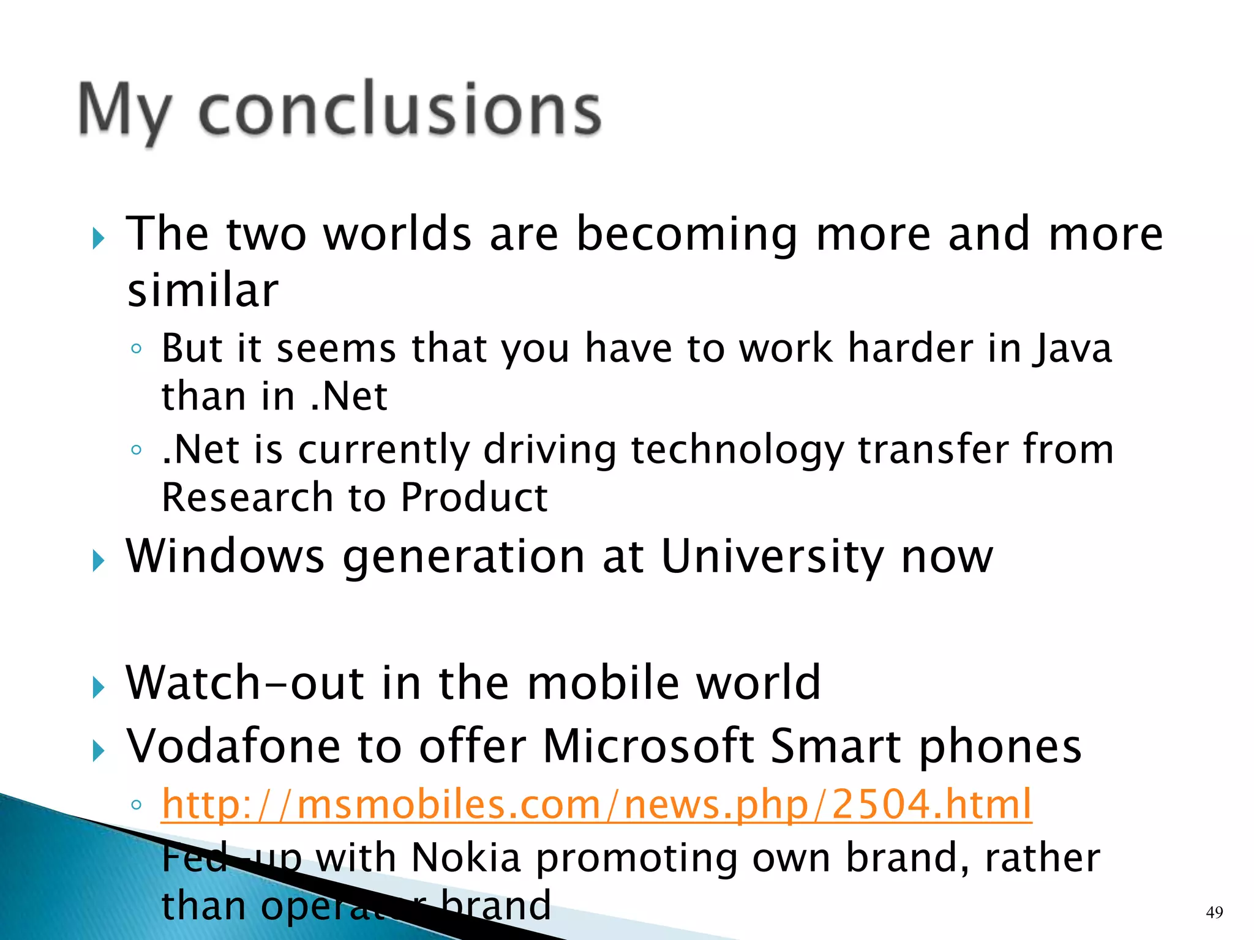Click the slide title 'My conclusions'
pos(340,111)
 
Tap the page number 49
pos(1214,912)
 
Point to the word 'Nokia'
pos(466,857)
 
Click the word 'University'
pos(772,556)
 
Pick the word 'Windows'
pos(225,556)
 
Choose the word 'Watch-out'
pos(245,682)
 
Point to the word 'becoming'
pos(688,234)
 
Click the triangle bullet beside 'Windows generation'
pos(99,561)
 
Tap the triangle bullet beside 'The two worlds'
pos(99,239)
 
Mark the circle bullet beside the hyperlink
pos(136,805)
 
